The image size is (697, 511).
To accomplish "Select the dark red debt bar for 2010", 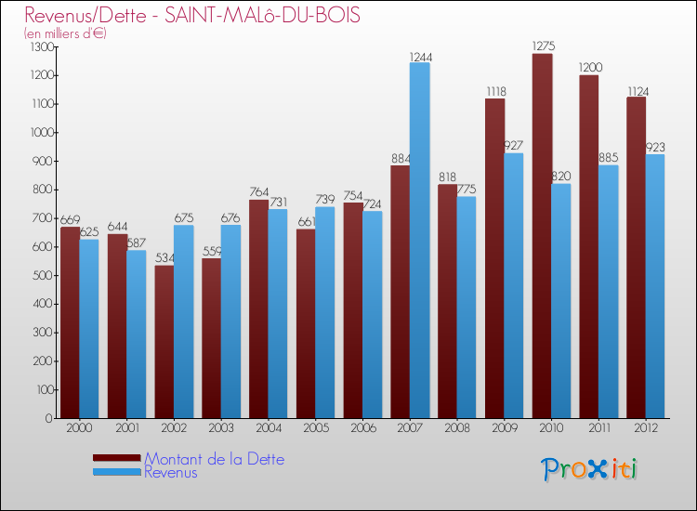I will tap(542, 236).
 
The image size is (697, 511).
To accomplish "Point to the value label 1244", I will tap(421, 57).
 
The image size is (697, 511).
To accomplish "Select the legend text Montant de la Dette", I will tap(214, 459).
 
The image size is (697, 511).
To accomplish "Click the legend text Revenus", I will tap(171, 472).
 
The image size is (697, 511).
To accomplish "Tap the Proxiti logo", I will tap(590, 468).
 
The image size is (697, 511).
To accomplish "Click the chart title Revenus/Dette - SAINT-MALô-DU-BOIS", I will tap(192, 16).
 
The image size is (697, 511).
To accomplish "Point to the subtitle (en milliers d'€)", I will tap(65, 33).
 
